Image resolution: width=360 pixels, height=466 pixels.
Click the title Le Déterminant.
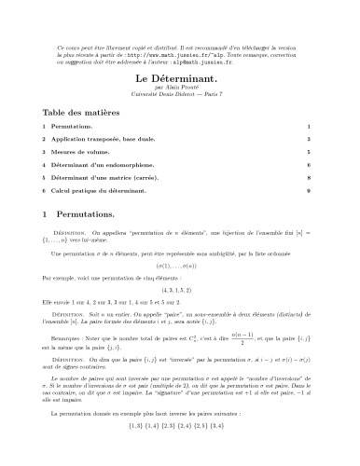[x=179, y=80]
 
